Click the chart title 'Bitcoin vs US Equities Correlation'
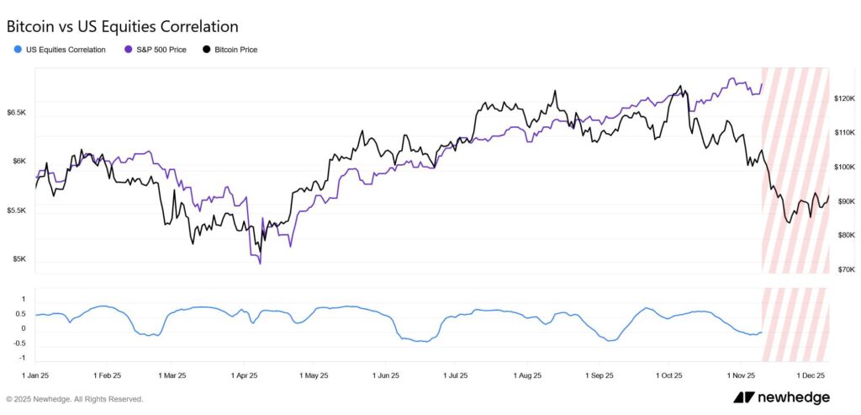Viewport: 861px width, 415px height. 122,27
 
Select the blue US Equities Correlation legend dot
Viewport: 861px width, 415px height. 18,50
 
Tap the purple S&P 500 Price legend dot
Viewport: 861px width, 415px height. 127,50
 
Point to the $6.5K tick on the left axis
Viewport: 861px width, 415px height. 17,112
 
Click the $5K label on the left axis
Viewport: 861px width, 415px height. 17,259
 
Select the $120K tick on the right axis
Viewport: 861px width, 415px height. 843,98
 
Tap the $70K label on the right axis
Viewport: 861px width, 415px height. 843,269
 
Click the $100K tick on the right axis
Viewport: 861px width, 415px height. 843,167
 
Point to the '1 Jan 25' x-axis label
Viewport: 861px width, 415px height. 36,375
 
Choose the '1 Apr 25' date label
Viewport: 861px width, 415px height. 243,375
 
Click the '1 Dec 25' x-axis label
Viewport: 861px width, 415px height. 812,375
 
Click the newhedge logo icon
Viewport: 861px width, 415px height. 742,397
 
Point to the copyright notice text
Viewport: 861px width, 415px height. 75,399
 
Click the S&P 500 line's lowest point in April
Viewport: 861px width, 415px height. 260,263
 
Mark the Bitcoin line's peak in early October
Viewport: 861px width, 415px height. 680,86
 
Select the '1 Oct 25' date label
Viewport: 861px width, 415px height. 669,375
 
